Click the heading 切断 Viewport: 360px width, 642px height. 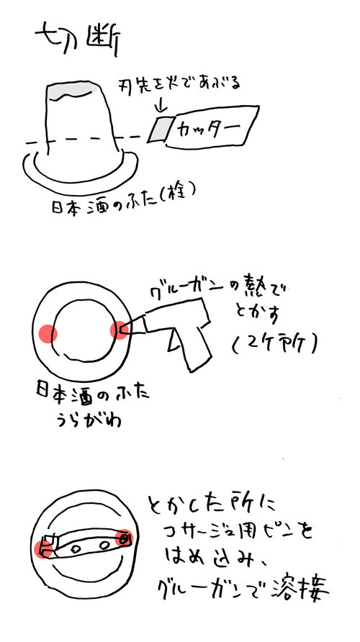(78, 40)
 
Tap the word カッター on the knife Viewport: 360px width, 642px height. (209, 127)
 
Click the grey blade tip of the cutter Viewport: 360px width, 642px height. (160, 129)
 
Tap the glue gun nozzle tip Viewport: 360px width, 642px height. (124, 330)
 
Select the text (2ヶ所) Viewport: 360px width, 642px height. (275, 343)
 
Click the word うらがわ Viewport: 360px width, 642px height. (87, 420)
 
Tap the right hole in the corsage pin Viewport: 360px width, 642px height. (103, 545)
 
